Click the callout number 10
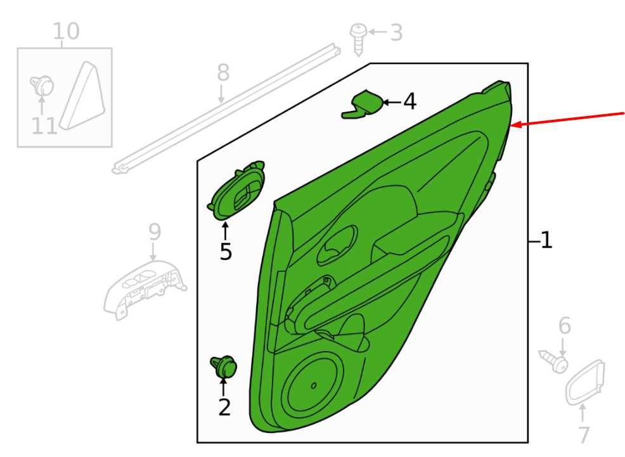coord(66,31)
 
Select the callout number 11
coord(44,126)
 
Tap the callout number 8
coord(223,73)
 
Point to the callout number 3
coord(396,32)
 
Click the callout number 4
coord(409,101)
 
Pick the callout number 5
coord(226,252)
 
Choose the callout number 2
coord(224,407)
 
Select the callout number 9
coord(155,232)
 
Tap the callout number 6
coord(564,326)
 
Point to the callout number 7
coord(584,434)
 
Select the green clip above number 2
coord(224,366)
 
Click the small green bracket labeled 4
coord(362,105)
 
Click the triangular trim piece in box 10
coord(84,98)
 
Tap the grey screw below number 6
coord(553,361)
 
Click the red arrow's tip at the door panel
coord(511,126)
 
